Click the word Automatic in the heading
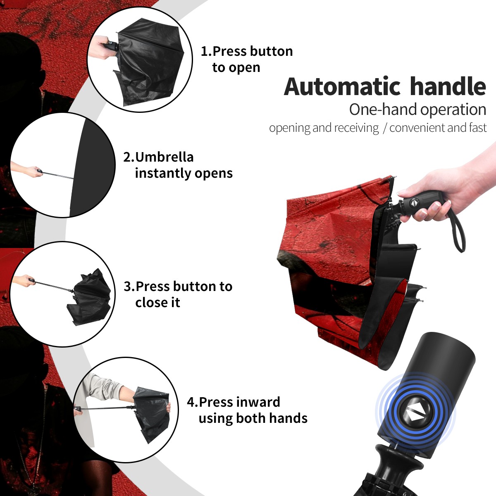(342, 87)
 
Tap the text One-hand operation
(417, 110)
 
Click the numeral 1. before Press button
(206, 51)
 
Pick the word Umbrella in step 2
(165, 157)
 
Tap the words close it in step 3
(157, 303)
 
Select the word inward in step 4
(258, 402)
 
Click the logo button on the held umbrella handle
(414, 202)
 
